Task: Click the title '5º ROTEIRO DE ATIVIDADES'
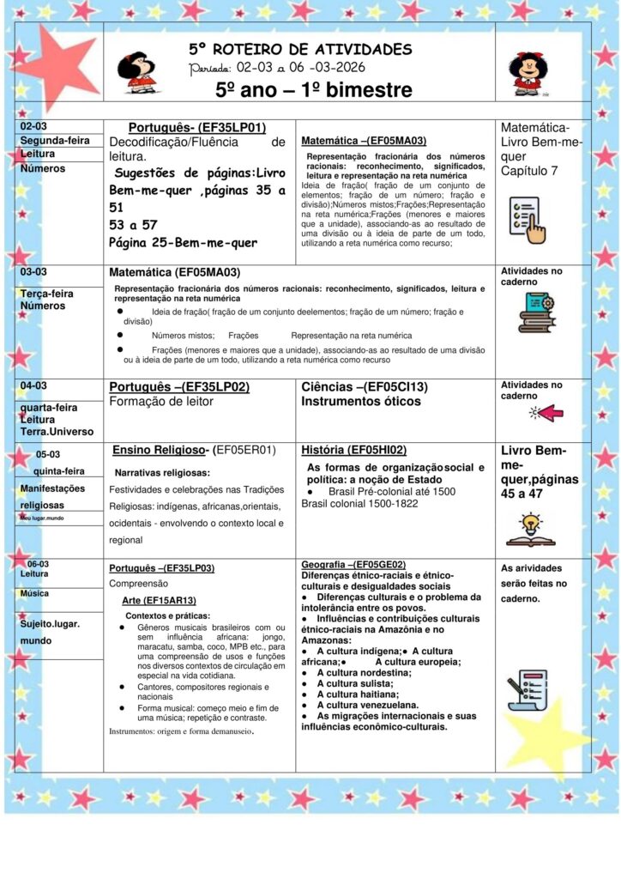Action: (300, 49)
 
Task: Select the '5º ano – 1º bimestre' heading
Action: (313, 90)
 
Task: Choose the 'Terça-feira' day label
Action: (47, 293)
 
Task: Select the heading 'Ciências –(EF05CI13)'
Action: (367, 387)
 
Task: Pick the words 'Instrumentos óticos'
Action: (361, 402)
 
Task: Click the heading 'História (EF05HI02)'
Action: (353, 450)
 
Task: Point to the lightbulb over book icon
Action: (530, 529)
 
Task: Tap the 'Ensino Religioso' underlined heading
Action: (160, 450)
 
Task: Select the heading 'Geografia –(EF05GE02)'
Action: (353, 564)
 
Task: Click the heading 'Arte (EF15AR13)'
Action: (159, 600)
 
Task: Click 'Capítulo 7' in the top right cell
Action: (529, 171)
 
